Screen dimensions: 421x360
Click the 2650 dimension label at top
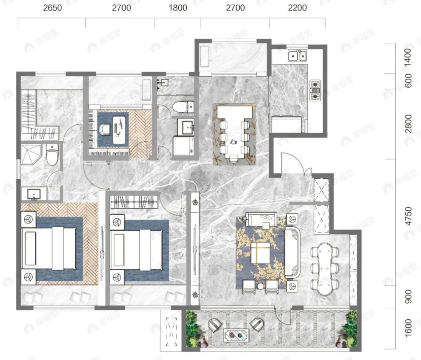pyautogui.click(x=52, y=8)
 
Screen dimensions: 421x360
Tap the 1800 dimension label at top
pyautogui.click(x=178, y=8)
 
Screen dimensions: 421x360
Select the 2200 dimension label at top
pyautogui.click(x=297, y=8)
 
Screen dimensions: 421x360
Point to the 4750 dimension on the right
pyautogui.click(x=408, y=216)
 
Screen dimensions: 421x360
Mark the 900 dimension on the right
pyautogui.click(x=408, y=296)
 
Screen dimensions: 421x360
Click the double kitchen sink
pyautogui.click(x=297, y=56)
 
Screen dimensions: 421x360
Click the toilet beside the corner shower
pyautogui.click(x=52, y=154)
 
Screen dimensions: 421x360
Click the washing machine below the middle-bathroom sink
pyautogui.click(x=183, y=146)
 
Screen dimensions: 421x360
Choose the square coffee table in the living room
pyautogui.click(x=260, y=253)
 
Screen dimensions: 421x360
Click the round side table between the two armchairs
pyautogui.click(x=260, y=286)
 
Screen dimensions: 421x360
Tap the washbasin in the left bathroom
pyautogui.click(x=34, y=194)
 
